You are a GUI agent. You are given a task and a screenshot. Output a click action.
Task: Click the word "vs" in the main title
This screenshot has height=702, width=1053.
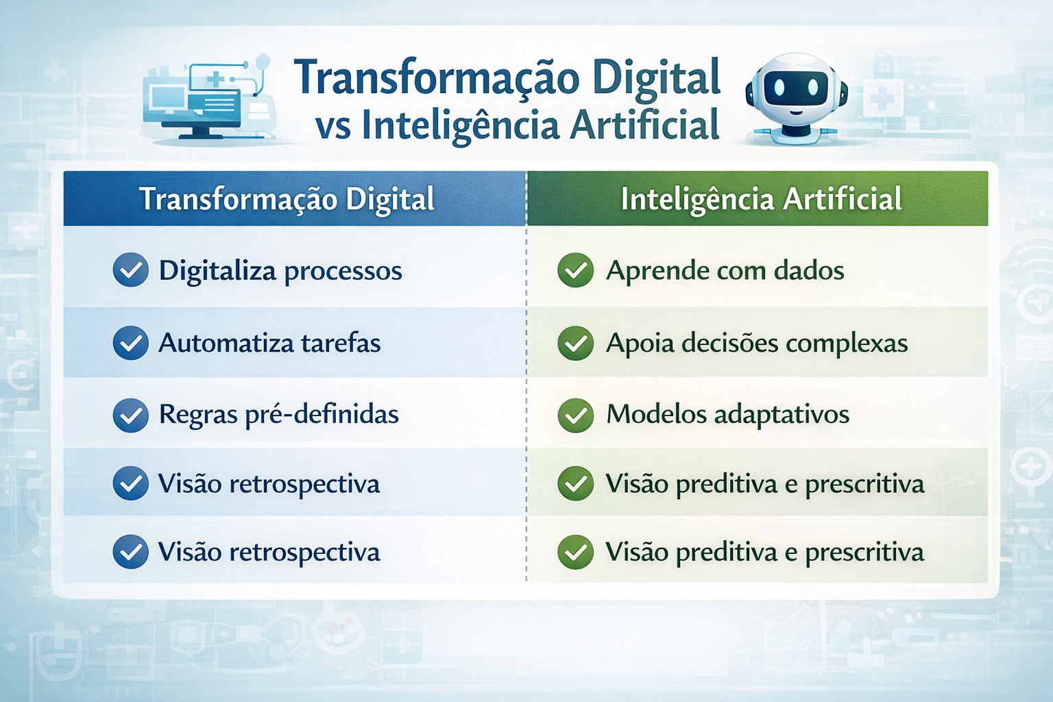[x=332, y=126]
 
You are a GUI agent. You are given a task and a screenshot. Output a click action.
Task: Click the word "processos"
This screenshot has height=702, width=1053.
[x=343, y=272]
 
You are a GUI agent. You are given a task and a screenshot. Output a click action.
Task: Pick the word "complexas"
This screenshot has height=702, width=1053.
[x=847, y=343]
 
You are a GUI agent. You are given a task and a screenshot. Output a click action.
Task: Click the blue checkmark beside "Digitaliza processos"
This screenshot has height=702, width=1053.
[x=131, y=270]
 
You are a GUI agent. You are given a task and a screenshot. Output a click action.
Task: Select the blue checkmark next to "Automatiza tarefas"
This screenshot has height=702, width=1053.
[x=131, y=343]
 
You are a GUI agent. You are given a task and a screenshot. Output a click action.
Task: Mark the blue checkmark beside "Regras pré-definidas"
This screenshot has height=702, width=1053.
[x=131, y=415]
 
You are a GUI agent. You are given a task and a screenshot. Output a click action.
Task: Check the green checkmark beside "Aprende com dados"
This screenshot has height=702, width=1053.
[x=575, y=270]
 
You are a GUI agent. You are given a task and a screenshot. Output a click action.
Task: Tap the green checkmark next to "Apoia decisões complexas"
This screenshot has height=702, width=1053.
[x=575, y=343]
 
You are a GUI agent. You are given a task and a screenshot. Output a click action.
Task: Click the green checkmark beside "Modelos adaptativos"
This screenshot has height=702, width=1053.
[x=575, y=415]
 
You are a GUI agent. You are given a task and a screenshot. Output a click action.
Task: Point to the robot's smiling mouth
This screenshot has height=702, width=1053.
[x=796, y=112]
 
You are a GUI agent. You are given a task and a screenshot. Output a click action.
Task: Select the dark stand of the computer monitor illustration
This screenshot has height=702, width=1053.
[x=201, y=131]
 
